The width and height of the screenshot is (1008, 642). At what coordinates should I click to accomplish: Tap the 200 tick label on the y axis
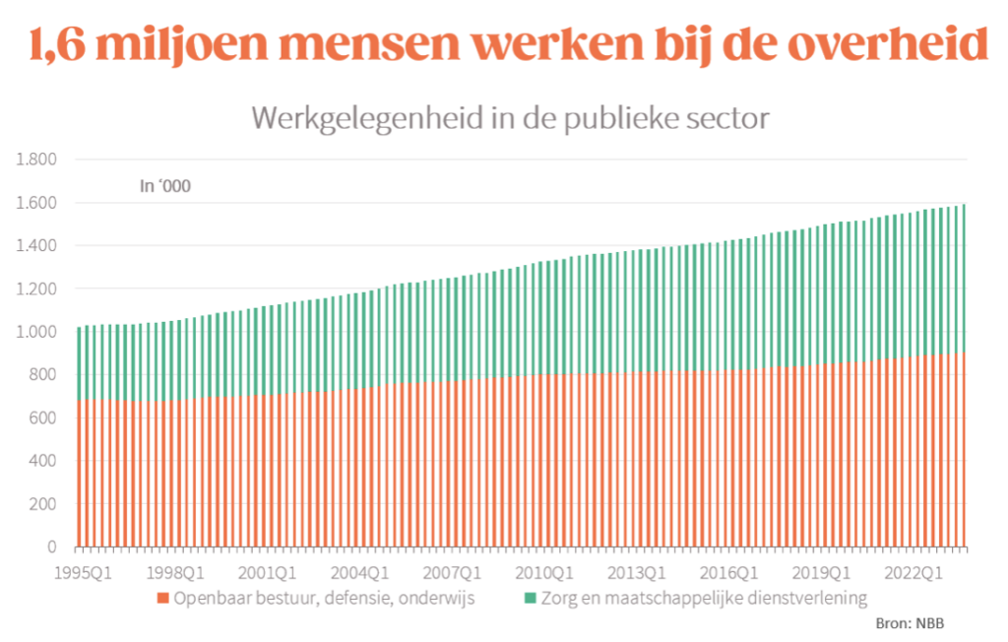coord(45,504)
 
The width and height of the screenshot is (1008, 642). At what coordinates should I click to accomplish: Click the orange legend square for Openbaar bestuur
coord(163,598)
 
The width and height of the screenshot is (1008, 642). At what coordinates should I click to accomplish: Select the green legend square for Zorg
coord(530,598)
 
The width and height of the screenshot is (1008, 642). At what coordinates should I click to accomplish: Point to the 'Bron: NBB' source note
coord(910,624)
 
